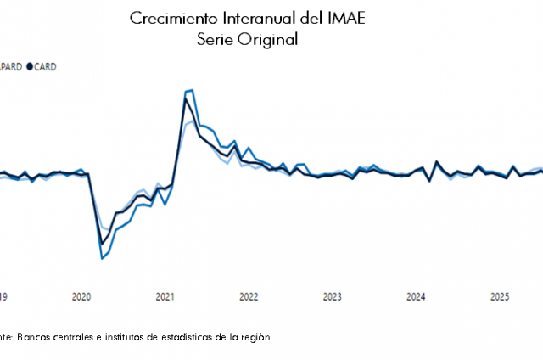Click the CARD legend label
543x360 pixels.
click(44, 66)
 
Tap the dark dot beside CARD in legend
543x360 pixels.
click(30, 66)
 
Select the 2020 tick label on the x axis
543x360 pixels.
click(81, 296)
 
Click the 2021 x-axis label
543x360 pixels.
click(165, 296)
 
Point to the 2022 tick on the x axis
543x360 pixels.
click(249, 296)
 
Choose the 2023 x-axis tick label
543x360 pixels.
click(333, 296)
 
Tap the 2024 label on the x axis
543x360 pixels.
click(416, 296)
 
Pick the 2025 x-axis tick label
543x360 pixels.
click(500, 296)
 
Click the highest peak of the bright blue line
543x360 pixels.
click(192, 89)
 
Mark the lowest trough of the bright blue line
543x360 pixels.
click(102, 258)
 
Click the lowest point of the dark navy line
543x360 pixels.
click(102, 245)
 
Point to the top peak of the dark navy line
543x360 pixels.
click(185, 99)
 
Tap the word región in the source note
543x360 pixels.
click(255, 337)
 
